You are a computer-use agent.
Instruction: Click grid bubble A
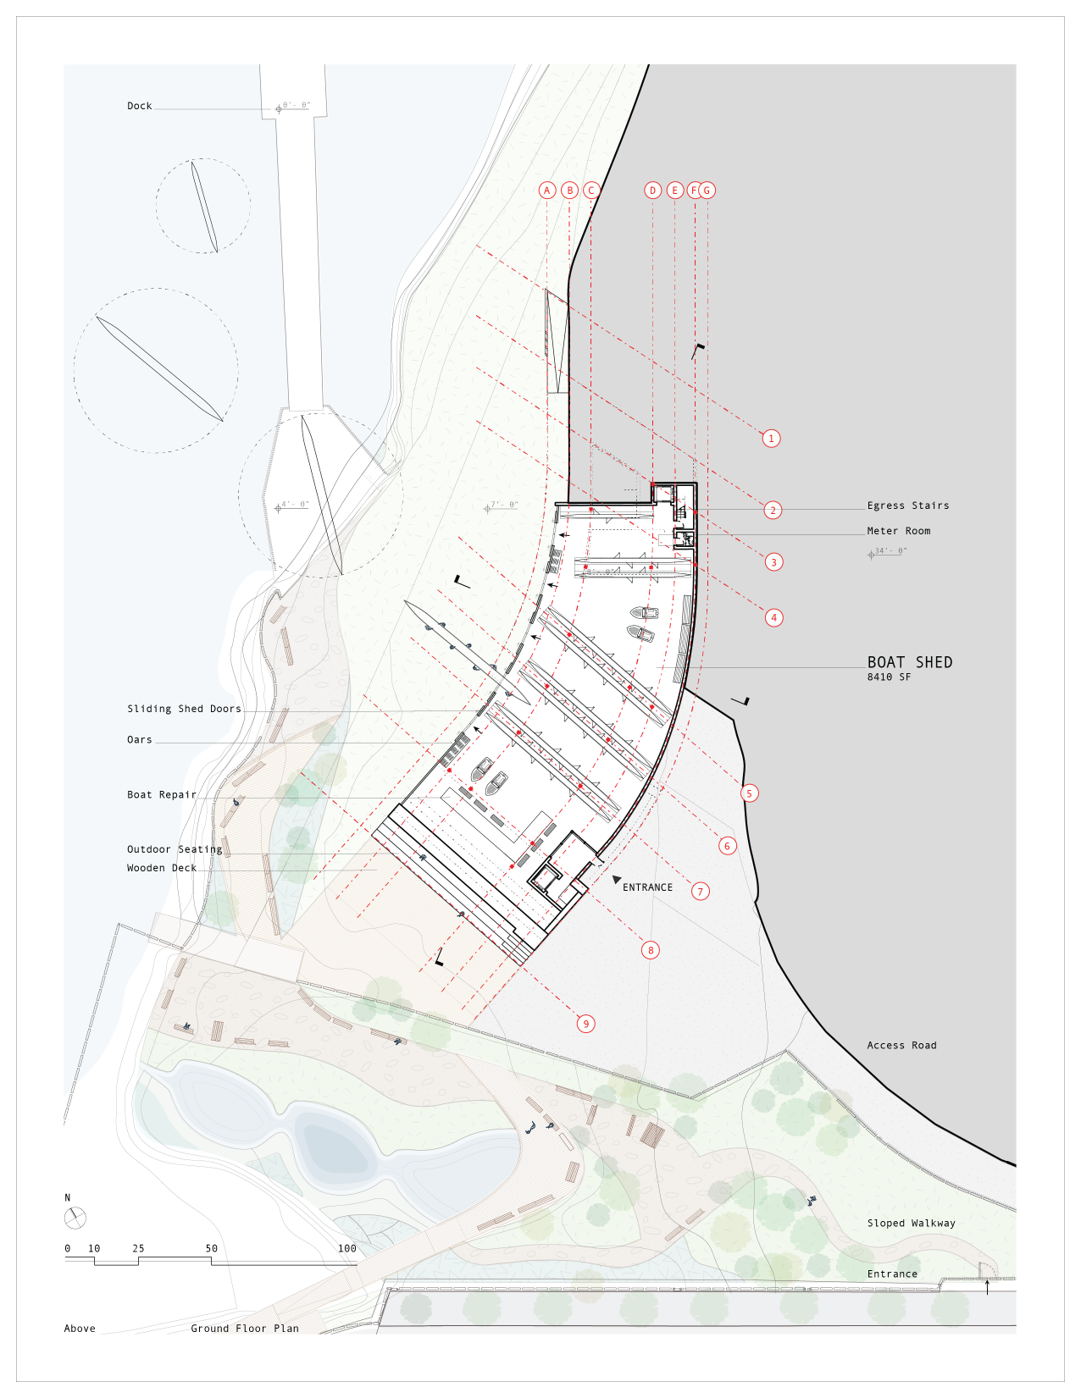547,191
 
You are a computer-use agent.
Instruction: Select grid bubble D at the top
652,191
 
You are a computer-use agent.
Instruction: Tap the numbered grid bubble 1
771,439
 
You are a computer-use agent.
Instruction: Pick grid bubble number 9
585,1024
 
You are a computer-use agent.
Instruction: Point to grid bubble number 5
749,793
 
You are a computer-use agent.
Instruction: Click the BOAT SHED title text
909,663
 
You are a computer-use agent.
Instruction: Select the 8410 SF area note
889,677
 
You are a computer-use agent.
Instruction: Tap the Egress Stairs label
907,506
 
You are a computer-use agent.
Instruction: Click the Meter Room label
898,531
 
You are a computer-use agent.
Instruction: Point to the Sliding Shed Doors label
184,709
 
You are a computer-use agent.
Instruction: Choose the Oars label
140,740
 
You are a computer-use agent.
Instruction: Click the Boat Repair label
162,795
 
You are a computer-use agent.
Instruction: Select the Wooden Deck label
162,868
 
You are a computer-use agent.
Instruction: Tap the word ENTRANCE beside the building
647,887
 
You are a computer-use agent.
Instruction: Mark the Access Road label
901,1046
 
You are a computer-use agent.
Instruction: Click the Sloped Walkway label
911,1224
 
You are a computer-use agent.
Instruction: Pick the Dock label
140,106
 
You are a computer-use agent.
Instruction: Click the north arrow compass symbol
75,1218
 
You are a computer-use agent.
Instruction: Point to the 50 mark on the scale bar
211,1249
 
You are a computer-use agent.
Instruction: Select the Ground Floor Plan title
244,1329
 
